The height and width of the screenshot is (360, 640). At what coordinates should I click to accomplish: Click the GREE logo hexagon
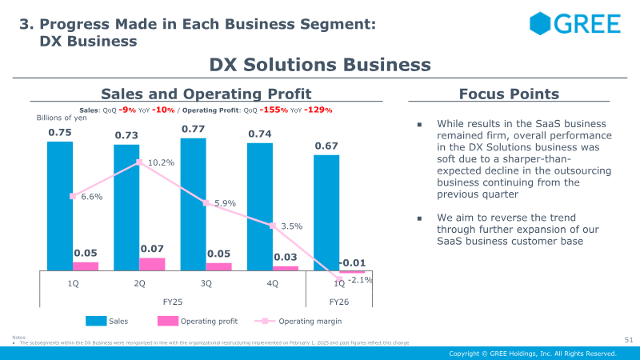point(542,23)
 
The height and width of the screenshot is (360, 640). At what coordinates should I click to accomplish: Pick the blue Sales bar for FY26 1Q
point(326,212)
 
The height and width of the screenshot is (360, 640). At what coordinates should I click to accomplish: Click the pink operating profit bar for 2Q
point(152,264)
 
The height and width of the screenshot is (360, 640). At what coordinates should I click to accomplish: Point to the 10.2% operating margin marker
point(139,162)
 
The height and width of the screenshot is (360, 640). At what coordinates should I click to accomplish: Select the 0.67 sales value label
point(326,146)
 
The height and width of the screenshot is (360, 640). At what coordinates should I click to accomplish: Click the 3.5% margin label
point(291,226)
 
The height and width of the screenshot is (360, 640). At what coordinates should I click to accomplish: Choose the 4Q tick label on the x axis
point(273,282)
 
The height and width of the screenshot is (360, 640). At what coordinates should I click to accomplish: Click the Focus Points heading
point(509,94)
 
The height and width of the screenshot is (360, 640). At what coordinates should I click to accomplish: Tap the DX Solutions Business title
point(320,65)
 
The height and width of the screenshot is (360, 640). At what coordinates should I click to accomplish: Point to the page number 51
point(628,340)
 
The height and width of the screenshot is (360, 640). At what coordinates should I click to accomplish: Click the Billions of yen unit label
point(62,118)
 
